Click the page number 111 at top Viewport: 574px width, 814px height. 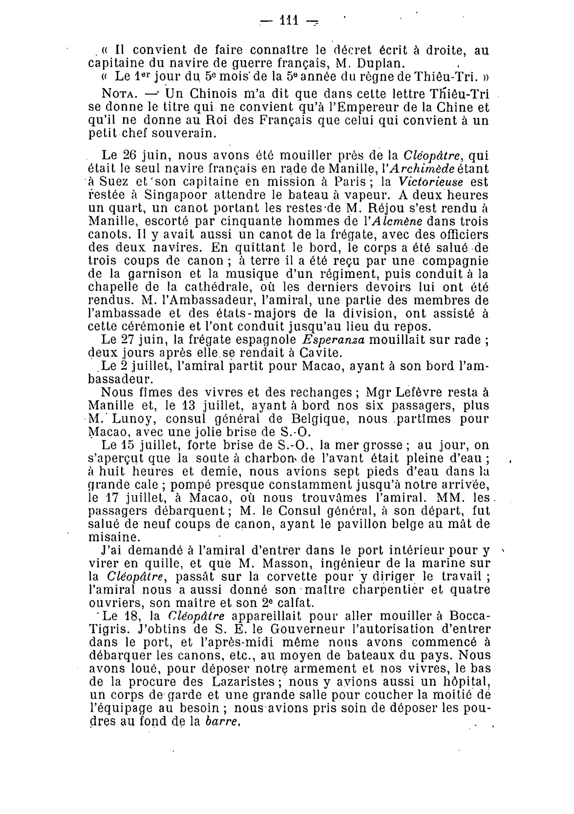[288, 20]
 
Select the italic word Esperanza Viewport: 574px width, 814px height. [334, 339]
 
